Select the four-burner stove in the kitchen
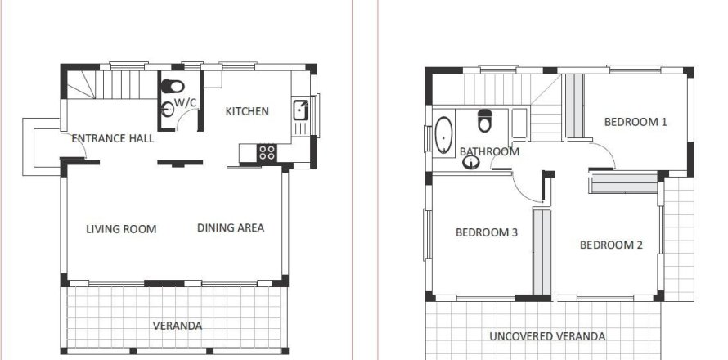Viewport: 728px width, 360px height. click(x=267, y=151)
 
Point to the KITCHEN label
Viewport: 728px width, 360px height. click(x=247, y=111)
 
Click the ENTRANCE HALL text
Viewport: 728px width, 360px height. click(x=113, y=138)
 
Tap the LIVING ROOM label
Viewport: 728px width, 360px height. click(x=121, y=228)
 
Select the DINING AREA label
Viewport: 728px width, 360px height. click(x=231, y=227)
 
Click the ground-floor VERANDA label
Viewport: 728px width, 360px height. click(x=178, y=326)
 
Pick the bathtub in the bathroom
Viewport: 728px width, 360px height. click(x=444, y=136)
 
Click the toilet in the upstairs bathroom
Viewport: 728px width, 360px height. click(x=484, y=120)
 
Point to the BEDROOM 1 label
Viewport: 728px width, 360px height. click(x=636, y=122)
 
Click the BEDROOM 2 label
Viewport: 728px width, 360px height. click(x=611, y=245)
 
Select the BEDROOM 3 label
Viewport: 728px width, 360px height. click(x=487, y=232)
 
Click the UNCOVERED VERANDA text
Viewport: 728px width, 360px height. click(x=547, y=336)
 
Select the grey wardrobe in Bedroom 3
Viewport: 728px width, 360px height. click(x=541, y=251)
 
